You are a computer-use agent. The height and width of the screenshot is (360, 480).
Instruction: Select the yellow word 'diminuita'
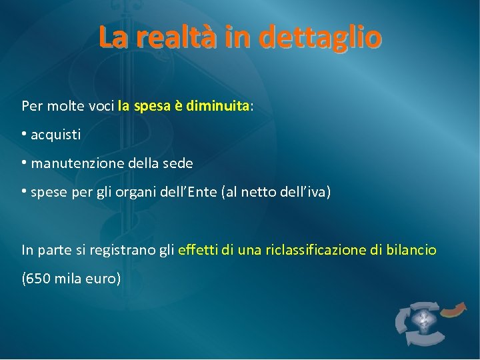217,105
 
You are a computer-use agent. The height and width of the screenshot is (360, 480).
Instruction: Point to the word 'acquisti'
56,135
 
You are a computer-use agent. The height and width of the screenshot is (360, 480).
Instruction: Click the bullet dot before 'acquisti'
24,133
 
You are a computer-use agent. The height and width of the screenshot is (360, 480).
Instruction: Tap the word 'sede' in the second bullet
179,163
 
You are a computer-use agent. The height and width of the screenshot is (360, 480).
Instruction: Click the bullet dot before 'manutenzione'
24,162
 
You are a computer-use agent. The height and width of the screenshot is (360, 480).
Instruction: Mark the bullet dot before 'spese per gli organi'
24,191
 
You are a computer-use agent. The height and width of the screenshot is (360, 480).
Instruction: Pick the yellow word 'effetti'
199,250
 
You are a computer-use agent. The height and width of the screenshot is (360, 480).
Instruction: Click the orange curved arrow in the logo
455,309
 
